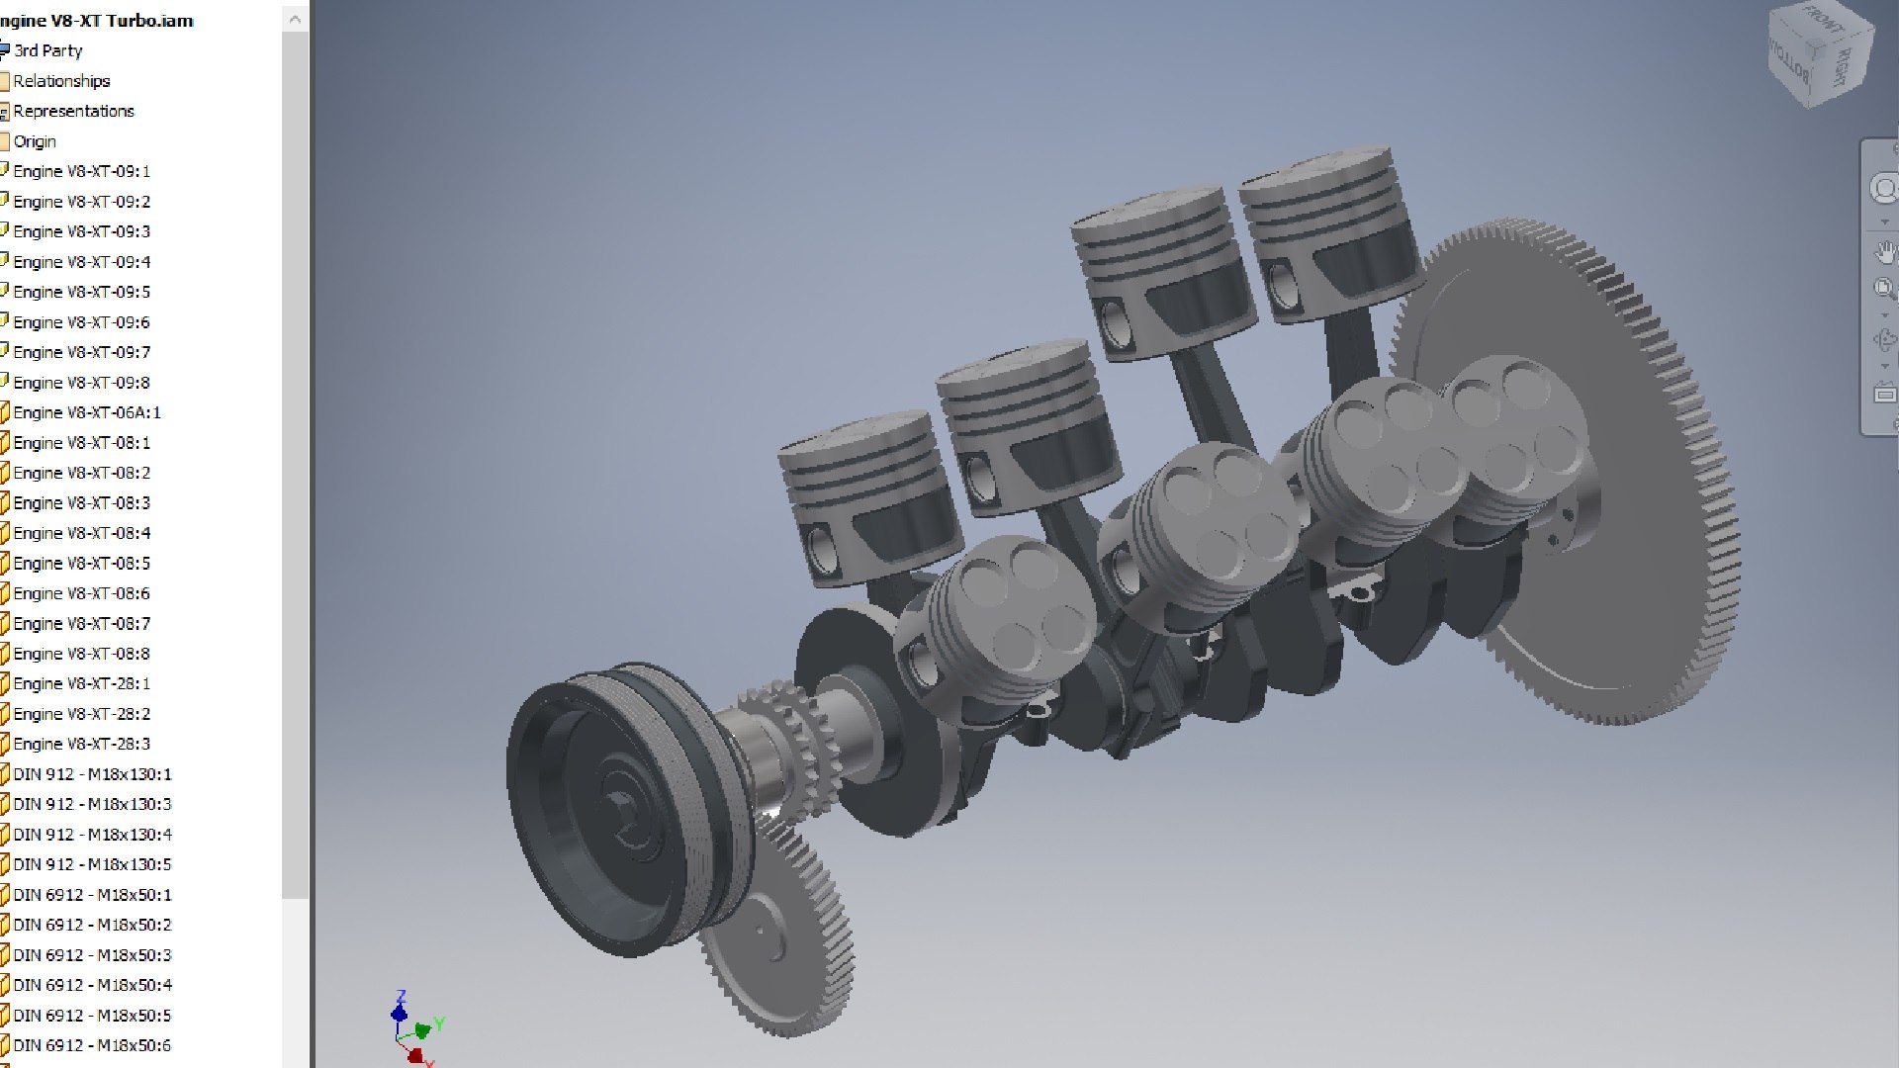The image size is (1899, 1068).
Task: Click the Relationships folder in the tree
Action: coord(61,81)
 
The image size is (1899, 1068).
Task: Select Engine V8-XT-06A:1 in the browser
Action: coord(87,412)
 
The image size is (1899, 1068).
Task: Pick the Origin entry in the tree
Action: coord(35,141)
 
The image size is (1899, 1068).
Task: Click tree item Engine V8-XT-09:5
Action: coord(82,292)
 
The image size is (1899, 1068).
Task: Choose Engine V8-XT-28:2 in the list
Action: coord(82,714)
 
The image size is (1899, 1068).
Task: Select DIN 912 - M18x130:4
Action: coord(92,835)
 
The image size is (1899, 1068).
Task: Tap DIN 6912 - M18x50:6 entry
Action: coord(92,1045)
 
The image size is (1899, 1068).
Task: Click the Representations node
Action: coord(73,111)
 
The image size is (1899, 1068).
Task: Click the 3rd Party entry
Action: coord(47,50)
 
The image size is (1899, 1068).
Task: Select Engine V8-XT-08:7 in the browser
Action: coord(82,624)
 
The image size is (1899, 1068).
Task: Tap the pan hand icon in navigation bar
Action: coord(1885,251)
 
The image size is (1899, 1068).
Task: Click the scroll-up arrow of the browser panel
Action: coord(295,19)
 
